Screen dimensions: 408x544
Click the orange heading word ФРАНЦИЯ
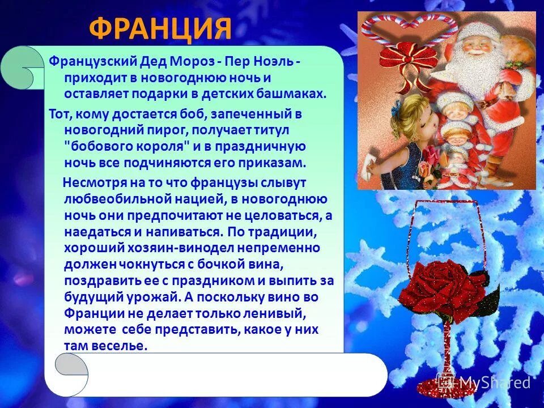point(160,28)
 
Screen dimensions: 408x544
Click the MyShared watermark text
point(494,382)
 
